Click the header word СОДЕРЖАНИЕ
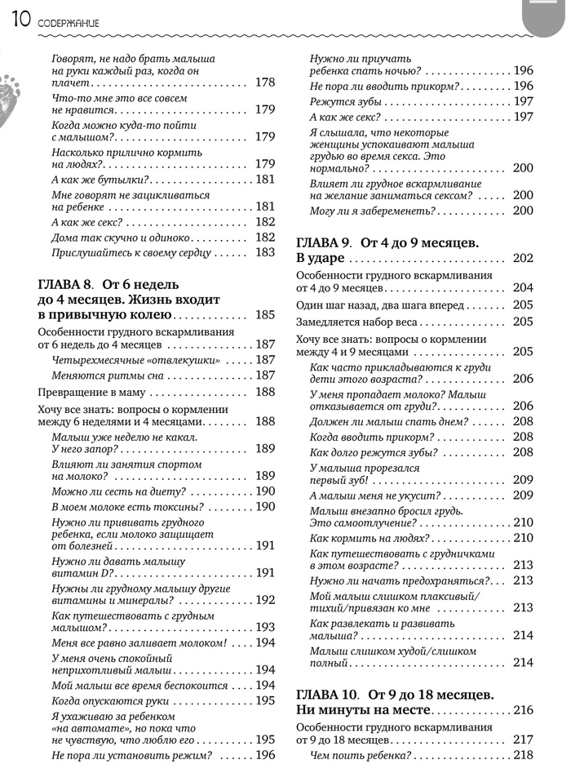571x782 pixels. (68, 24)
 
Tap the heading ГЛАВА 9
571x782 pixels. (323, 242)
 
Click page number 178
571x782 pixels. (265, 82)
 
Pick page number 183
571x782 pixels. (265, 253)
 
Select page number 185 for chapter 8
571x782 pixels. (265, 314)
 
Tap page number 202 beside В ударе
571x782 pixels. (523, 258)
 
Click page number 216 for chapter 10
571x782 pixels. (523, 710)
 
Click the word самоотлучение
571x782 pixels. (378, 522)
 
